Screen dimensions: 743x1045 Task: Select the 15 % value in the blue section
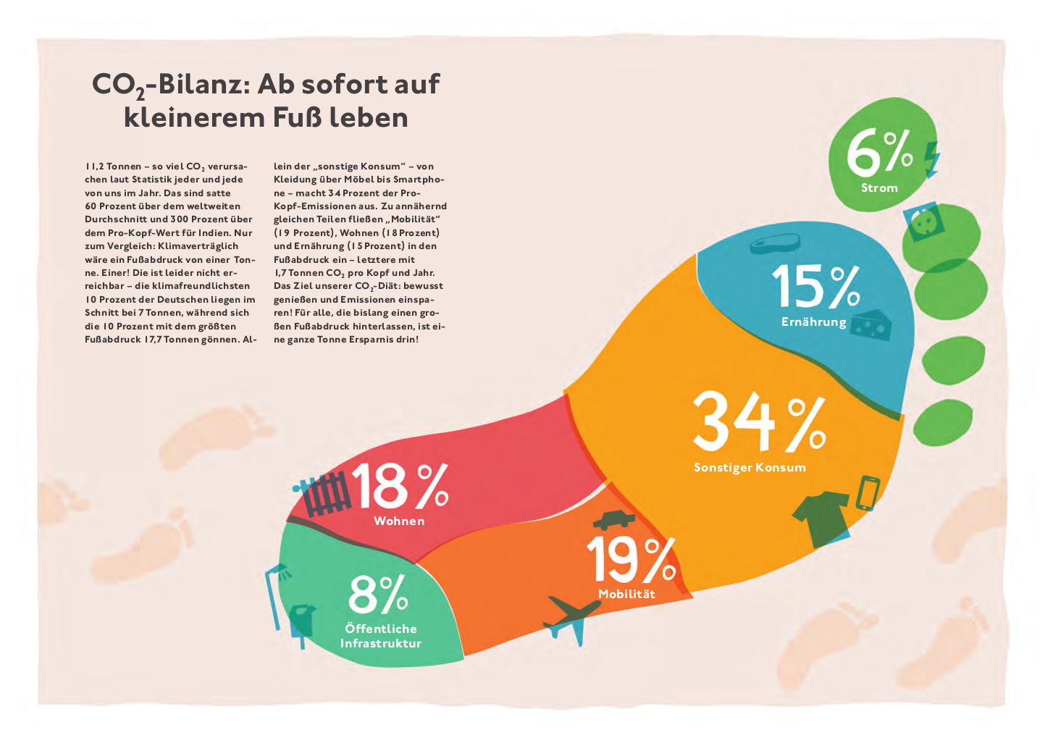coord(815,286)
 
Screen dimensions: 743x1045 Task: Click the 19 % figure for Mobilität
coord(630,560)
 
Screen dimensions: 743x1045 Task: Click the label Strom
coord(879,188)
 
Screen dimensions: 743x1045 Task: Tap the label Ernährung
coord(813,322)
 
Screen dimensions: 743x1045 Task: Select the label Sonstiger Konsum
coord(750,468)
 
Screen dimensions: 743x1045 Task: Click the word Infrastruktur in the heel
coord(381,644)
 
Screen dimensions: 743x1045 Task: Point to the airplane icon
coord(571,616)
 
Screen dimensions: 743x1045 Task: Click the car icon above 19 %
coord(614,519)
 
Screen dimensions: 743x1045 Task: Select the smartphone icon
coord(868,492)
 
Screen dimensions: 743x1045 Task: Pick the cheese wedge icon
coord(871,327)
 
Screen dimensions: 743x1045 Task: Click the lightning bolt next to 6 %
coord(931,159)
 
